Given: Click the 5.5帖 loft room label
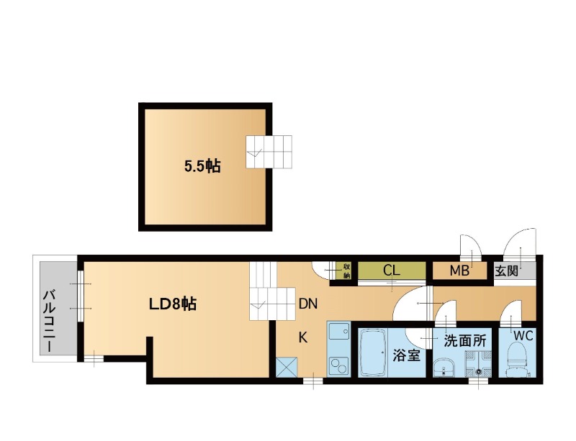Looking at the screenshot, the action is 202,167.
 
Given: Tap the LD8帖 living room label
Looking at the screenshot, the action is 172,304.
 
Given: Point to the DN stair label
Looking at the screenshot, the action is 308,304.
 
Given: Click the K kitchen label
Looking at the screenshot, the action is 302,337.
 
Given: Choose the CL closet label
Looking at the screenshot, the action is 391,270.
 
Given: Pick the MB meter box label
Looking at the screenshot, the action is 459,271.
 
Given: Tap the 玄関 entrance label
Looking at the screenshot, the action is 507,271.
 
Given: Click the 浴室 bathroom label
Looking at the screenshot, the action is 406,355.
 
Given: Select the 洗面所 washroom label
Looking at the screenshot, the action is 465,341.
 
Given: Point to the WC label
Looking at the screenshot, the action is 523,335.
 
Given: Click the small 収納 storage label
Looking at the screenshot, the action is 346,271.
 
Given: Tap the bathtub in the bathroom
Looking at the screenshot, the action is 373,353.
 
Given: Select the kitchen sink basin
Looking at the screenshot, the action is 338,333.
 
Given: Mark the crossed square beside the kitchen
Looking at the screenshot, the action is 287,367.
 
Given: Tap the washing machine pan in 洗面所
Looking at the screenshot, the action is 479,364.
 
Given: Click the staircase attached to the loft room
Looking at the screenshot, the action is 269,152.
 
